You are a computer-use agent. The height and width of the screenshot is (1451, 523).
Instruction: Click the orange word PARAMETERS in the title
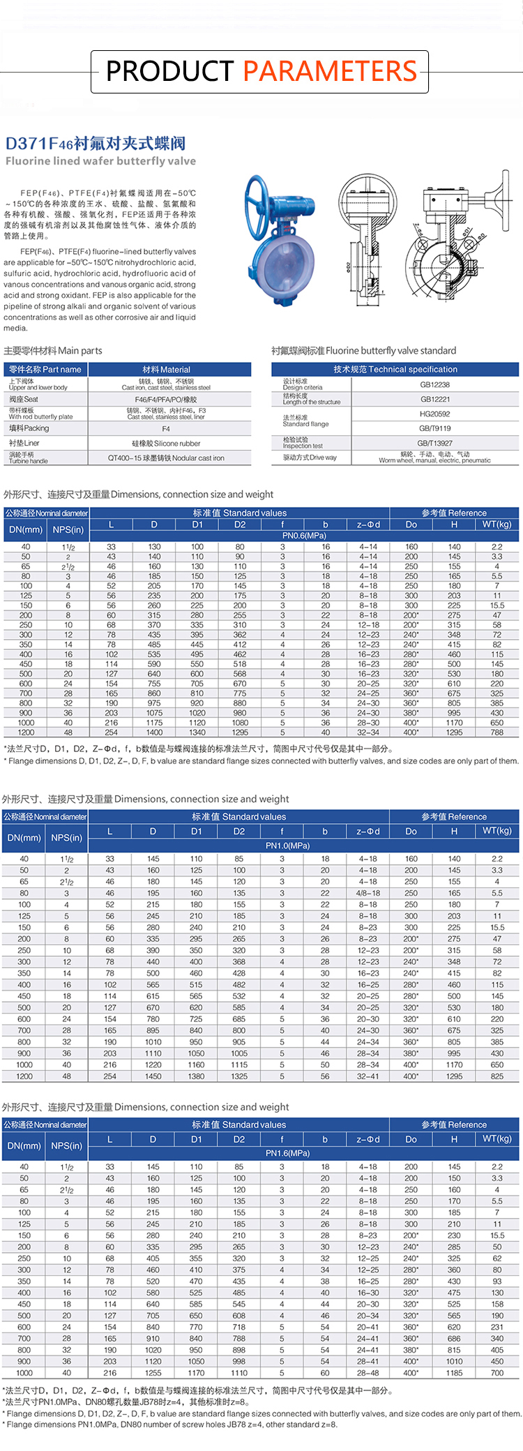330,71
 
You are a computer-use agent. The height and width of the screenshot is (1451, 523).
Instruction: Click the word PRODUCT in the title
169,71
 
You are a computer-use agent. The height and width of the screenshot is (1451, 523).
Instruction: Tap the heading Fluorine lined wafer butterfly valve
100,161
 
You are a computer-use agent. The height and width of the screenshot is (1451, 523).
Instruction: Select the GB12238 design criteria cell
434,384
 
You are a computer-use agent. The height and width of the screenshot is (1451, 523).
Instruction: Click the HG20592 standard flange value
434,414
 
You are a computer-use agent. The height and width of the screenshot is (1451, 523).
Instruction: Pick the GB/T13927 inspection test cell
434,443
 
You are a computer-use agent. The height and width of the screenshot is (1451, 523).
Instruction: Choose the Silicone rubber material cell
166,444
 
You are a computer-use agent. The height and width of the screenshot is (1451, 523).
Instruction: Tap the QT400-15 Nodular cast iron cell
166,458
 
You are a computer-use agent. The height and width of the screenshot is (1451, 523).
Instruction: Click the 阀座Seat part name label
24,399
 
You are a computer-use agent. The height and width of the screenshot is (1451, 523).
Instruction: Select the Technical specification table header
395,369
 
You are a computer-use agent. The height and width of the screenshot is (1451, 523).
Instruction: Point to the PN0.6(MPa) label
303,536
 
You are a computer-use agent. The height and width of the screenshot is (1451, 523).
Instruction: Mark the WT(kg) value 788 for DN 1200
497,732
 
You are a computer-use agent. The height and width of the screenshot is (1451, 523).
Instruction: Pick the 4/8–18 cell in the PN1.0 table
368,893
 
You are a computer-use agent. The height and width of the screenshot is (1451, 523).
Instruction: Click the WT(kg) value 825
497,1076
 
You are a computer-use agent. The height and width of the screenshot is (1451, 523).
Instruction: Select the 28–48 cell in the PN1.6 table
368,1373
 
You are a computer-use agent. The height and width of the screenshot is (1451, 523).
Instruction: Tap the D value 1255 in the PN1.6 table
153,1373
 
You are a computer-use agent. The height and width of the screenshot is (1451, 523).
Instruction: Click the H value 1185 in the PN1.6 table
454,1373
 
